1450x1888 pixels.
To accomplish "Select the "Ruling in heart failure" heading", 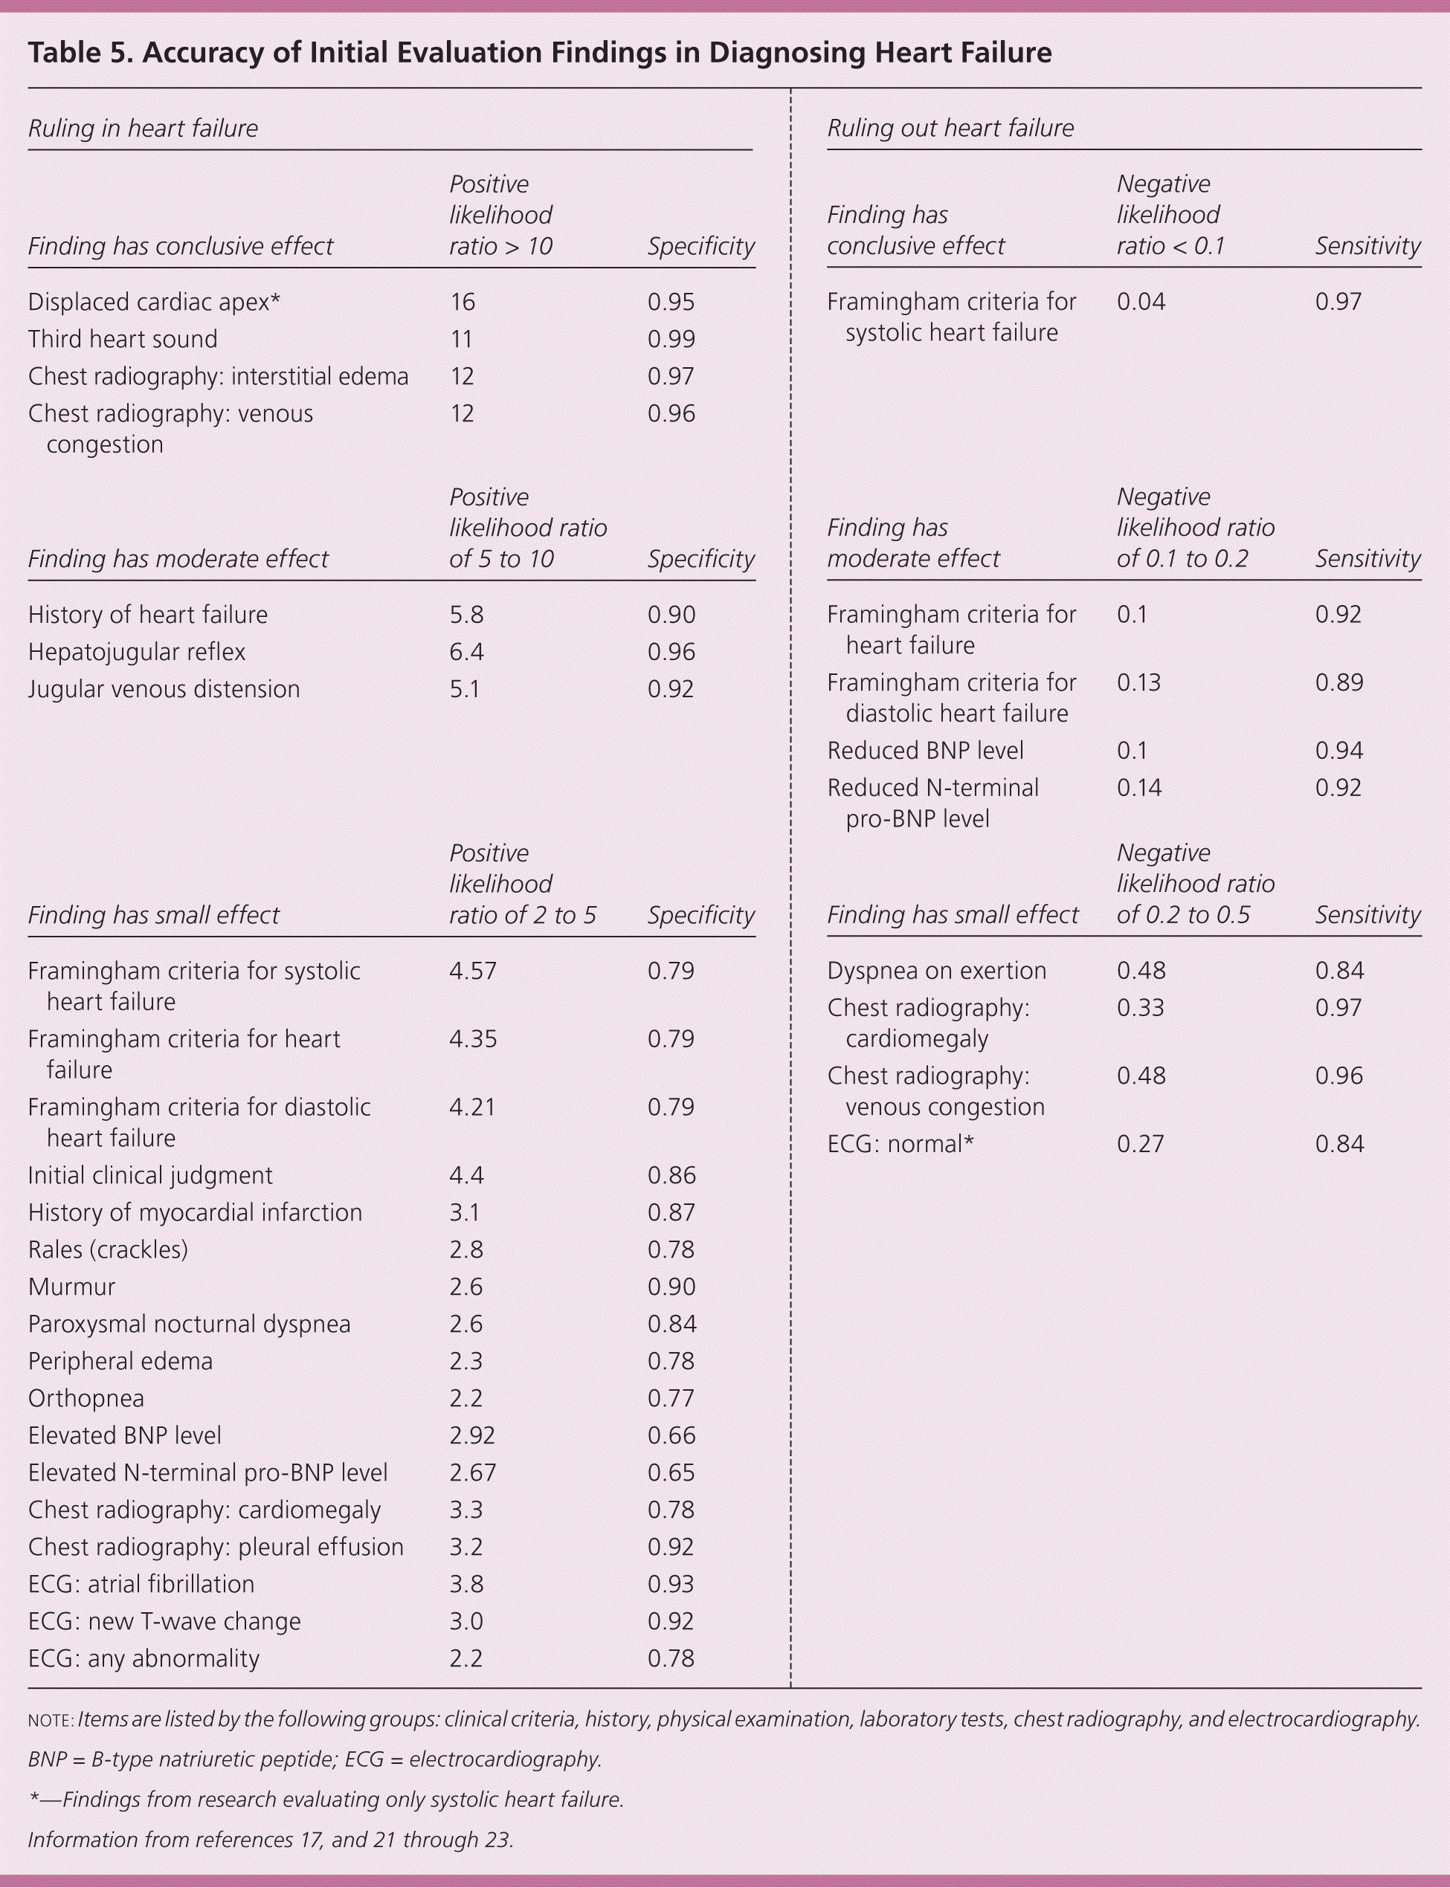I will tap(143, 129).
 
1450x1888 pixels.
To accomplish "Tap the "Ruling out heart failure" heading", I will tap(950, 129).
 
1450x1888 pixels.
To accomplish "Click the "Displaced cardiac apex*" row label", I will tap(154, 302).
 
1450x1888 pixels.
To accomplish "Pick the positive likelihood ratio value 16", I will tap(462, 302).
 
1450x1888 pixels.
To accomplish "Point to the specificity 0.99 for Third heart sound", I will tap(671, 339).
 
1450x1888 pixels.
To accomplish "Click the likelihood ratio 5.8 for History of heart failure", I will tap(465, 615).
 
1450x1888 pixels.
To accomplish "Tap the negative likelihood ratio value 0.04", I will tap(1140, 302).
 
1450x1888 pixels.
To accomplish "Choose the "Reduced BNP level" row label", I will tap(924, 751).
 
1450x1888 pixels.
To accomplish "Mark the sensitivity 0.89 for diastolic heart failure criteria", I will tap(1338, 682).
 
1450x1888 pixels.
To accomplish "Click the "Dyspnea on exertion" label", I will tap(935, 971).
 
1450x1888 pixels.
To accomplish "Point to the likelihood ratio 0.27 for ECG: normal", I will tap(1140, 1144).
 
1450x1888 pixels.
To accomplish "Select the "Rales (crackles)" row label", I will tap(107, 1249).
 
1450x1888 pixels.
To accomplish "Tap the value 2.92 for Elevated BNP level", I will tap(472, 1435).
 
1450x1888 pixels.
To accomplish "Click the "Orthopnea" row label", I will tap(86, 1398).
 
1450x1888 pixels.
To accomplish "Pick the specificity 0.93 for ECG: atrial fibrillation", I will tap(671, 1583).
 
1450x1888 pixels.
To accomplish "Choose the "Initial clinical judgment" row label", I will tap(149, 1175).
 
